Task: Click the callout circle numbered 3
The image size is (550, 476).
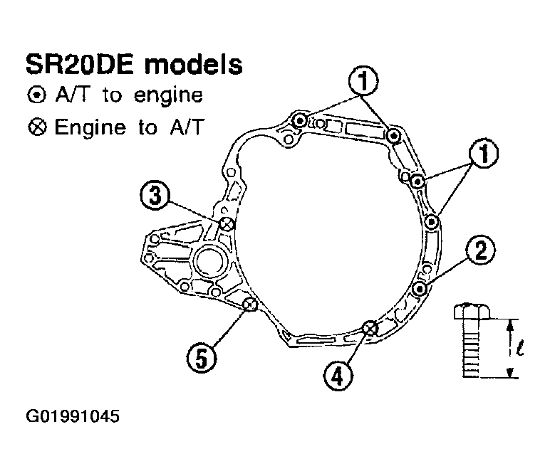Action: (x=155, y=195)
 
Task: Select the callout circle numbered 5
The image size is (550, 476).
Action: (x=202, y=358)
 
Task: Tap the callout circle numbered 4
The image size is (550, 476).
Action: (x=338, y=376)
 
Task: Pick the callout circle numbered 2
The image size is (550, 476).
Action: (x=481, y=250)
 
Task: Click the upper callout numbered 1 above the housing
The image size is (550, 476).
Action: (x=363, y=80)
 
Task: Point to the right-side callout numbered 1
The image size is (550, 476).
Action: (x=484, y=153)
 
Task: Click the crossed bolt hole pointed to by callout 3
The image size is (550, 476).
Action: (x=227, y=224)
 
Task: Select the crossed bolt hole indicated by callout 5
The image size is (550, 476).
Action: (x=250, y=305)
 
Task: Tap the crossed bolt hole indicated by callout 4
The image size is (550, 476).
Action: (x=370, y=328)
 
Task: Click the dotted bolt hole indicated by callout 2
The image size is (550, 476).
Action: (x=419, y=289)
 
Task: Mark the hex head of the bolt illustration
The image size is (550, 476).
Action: (x=471, y=312)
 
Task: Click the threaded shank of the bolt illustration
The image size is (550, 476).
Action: (x=471, y=348)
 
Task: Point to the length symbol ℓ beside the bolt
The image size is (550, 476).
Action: (x=519, y=349)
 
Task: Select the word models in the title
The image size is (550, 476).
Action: (x=194, y=65)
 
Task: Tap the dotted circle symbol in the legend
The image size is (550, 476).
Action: (x=37, y=95)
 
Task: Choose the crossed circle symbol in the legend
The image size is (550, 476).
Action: (x=37, y=127)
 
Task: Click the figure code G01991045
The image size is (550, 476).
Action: (x=73, y=416)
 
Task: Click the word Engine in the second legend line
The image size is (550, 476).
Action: (x=90, y=128)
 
